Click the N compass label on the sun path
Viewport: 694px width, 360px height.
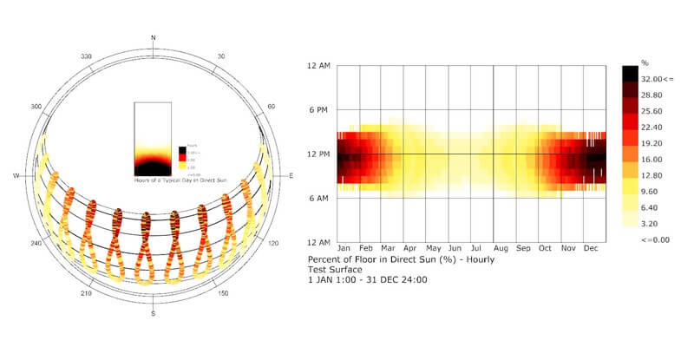coord(154,37)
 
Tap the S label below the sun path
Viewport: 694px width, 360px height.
coord(154,313)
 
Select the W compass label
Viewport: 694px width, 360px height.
coord(16,175)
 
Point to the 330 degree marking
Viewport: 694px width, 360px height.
coord(86,56)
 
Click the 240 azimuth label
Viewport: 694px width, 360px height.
coord(36,244)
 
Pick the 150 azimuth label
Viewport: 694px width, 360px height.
coord(223,294)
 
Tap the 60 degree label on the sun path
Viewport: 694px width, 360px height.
coord(272,106)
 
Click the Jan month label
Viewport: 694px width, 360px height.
coord(344,249)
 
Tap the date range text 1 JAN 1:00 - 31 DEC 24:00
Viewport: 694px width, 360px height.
coord(367,279)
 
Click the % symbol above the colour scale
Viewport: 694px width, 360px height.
coord(645,63)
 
